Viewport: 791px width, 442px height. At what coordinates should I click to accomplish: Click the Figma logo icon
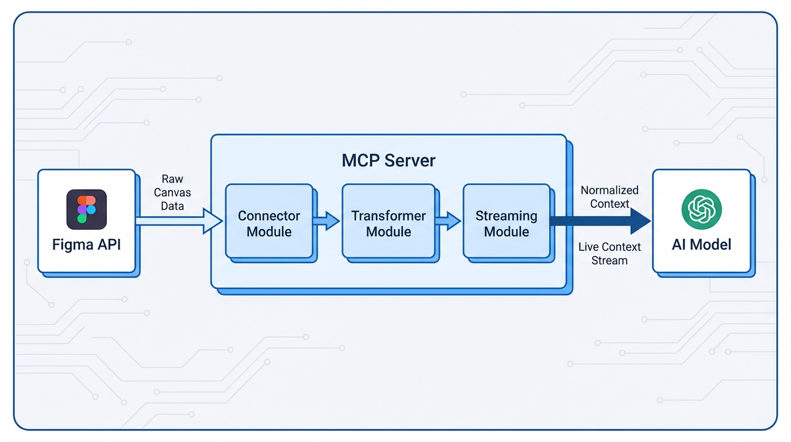tap(86, 209)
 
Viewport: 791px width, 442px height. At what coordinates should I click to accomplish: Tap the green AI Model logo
tap(701, 209)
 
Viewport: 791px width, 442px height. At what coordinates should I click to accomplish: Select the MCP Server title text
tap(389, 160)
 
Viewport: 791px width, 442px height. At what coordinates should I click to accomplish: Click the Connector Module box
tap(269, 221)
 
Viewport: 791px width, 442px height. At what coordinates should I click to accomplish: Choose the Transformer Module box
tap(389, 221)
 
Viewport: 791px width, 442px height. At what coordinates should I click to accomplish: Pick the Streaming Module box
tap(506, 221)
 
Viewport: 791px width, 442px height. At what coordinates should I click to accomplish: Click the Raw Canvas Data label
tap(172, 192)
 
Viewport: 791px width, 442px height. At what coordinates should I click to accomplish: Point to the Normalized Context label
tap(609, 197)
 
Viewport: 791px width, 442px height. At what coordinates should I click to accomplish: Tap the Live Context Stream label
tap(609, 254)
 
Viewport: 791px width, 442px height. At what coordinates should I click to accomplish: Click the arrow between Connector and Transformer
tap(327, 221)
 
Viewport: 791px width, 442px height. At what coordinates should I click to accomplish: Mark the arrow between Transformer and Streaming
tap(448, 221)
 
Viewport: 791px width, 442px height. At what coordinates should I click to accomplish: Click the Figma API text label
tap(86, 245)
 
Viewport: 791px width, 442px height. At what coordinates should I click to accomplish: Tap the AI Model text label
tap(701, 245)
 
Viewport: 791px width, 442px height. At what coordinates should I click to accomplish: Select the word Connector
tap(269, 216)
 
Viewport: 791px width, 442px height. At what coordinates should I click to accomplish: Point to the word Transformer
tap(389, 216)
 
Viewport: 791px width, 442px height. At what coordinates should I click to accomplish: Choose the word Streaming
tap(506, 216)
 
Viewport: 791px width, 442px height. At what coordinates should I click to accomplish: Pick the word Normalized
tap(609, 190)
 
